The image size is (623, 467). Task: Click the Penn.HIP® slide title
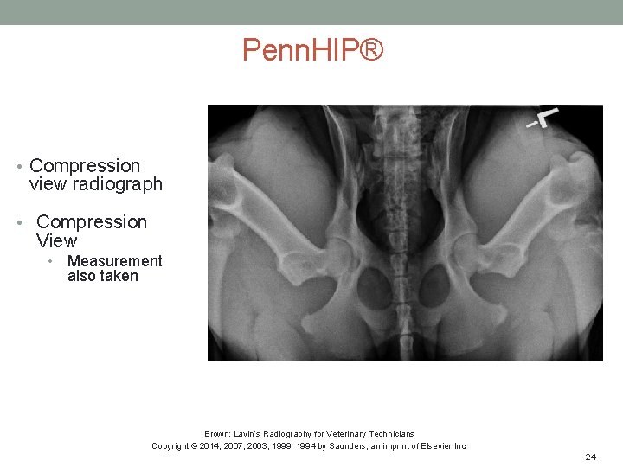click(x=311, y=50)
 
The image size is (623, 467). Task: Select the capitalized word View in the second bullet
click(x=56, y=241)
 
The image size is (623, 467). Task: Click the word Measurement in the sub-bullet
click(x=114, y=261)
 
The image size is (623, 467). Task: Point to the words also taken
click(x=102, y=276)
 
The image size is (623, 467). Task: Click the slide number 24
click(x=591, y=456)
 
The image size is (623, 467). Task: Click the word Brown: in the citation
click(x=216, y=433)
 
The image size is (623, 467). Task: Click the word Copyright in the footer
click(x=171, y=446)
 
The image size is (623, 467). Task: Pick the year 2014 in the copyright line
click(x=216, y=446)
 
